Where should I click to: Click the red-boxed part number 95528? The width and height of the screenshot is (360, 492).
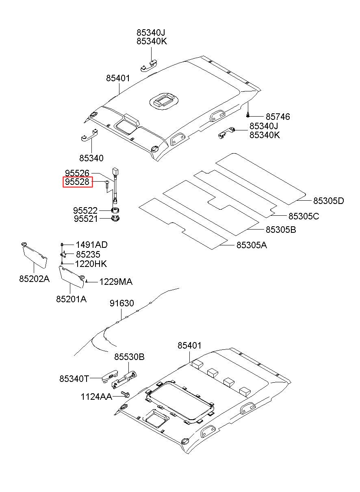tap(77, 182)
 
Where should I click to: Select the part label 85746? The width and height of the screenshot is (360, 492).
tap(278, 117)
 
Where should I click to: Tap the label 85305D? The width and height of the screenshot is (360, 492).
tap(328, 201)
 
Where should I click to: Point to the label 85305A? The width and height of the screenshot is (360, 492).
tap(252, 245)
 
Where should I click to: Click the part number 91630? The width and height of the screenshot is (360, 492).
tap(121, 303)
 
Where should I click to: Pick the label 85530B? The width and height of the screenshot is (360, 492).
tap(129, 357)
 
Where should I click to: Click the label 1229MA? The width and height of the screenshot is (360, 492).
tap(116, 282)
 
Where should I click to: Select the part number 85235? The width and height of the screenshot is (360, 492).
tap(88, 254)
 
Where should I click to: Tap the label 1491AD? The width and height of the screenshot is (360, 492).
tap(91, 245)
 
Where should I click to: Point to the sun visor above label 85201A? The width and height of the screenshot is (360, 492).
tap(72, 277)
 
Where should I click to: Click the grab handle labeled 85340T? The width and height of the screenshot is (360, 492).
tap(110, 377)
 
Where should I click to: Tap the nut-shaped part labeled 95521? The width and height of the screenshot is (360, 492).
tap(115, 219)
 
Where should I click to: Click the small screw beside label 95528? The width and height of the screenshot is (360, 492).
tap(106, 184)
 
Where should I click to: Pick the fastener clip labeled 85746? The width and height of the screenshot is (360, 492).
tap(248, 115)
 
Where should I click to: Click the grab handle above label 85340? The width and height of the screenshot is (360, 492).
tap(89, 134)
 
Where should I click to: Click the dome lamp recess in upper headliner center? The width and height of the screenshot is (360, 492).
tap(164, 100)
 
